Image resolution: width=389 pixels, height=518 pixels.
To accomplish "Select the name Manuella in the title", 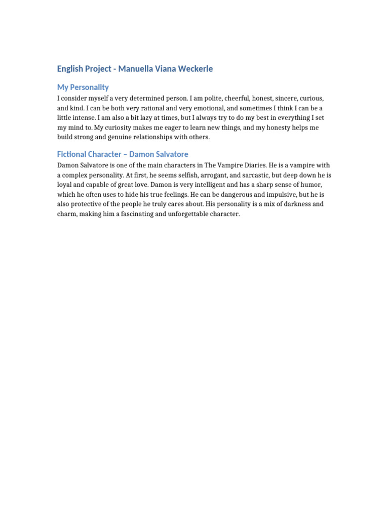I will click(133, 69).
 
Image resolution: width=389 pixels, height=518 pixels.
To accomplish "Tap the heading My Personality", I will click(83, 87).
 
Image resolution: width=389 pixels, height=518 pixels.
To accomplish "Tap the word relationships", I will click(163, 137).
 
